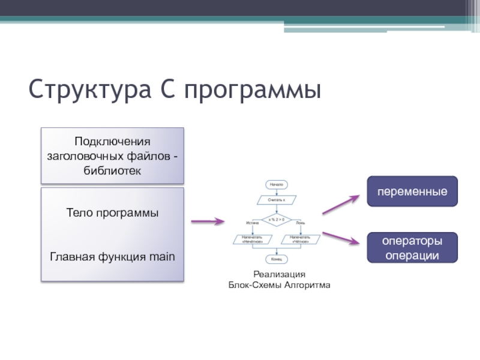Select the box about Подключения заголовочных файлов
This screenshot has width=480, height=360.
pos(112,155)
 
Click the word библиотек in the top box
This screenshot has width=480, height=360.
pos(112,171)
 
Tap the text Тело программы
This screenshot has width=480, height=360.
pos(112,213)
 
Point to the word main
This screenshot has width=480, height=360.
pos(161,257)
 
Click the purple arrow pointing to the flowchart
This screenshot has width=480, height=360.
pos(208,221)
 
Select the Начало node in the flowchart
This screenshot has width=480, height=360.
pos(276,184)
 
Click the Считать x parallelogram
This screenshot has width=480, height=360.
pos(276,199)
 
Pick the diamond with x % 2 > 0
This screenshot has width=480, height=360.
pos(276,219)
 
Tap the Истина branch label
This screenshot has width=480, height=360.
pos(253,223)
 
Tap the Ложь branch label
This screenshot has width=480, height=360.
pos(300,223)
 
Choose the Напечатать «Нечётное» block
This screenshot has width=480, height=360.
pos(253,239)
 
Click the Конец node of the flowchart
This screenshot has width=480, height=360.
pos(276,259)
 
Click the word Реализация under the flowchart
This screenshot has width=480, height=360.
pos(279,274)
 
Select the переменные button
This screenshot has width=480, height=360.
pos(412,191)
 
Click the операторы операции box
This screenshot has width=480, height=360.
pos(412,248)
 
